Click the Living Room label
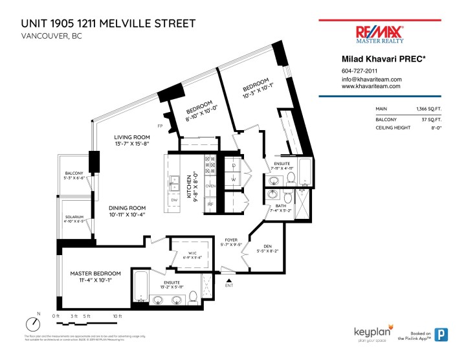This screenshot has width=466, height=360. point(132,137)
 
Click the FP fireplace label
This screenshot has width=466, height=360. point(159,125)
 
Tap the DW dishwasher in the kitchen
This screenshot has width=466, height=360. point(174,200)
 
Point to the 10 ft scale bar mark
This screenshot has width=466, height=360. point(117,316)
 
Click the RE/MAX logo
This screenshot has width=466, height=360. point(380,34)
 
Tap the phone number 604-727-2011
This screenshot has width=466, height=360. point(359,71)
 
